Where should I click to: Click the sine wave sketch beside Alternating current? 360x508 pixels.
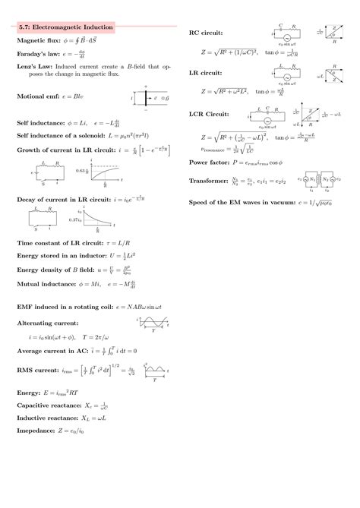tap(152, 323)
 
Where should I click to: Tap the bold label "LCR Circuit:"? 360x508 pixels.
tap(215, 114)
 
